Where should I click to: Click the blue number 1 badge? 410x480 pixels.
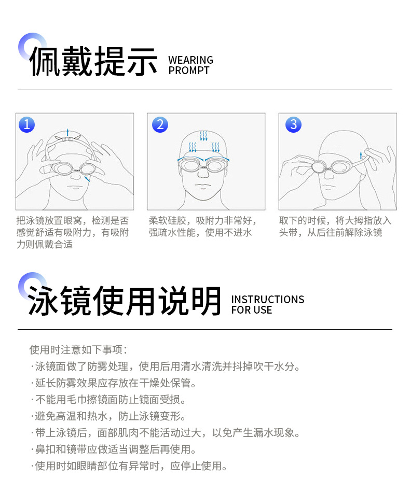click(26, 124)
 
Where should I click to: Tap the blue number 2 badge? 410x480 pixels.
click(160, 124)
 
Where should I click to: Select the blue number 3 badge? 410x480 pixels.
click(294, 124)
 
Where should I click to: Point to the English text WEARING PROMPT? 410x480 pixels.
click(190, 65)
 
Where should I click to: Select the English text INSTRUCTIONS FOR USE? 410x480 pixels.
click(267, 305)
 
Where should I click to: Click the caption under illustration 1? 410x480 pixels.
click(73, 232)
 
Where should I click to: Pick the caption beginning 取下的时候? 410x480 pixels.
click(335, 227)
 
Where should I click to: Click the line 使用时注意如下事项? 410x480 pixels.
click(78, 350)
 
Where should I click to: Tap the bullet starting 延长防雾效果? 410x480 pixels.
click(114, 383)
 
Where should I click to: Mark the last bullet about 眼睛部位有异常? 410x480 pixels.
click(130, 466)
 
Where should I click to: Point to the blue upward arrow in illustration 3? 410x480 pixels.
click(361, 154)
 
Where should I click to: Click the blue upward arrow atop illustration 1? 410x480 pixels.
click(67, 132)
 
